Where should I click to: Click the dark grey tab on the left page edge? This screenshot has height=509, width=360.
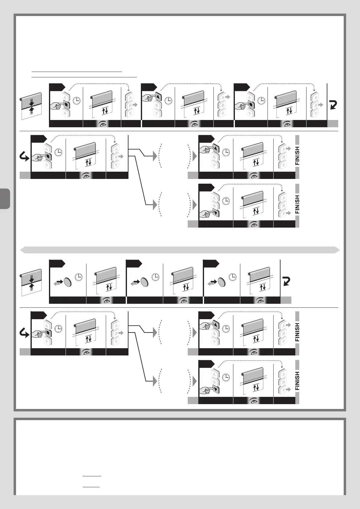(x=5, y=199)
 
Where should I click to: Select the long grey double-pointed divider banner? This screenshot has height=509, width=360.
(x=180, y=250)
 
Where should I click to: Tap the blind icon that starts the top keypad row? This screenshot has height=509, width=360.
(x=31, y=106)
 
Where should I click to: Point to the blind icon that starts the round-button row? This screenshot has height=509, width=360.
(x=31, y=282)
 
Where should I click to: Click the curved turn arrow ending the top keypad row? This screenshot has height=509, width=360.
(x=333, y=105)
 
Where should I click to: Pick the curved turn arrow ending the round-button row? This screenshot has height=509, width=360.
(x=286, y=281)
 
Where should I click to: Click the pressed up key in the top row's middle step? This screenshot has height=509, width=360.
(x=159, y=97)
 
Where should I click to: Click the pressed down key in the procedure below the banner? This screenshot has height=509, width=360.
(x=215, y=389)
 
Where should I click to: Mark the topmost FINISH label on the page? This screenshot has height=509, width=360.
(x=297, y=156)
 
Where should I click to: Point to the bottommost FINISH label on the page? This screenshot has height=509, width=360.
(x=297, y=381)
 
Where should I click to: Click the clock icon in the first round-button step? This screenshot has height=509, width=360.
(x=79, y=277)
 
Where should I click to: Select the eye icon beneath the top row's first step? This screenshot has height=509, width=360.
(x=102, y=124)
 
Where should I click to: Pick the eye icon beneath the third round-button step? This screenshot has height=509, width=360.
(x=260, y=300)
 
